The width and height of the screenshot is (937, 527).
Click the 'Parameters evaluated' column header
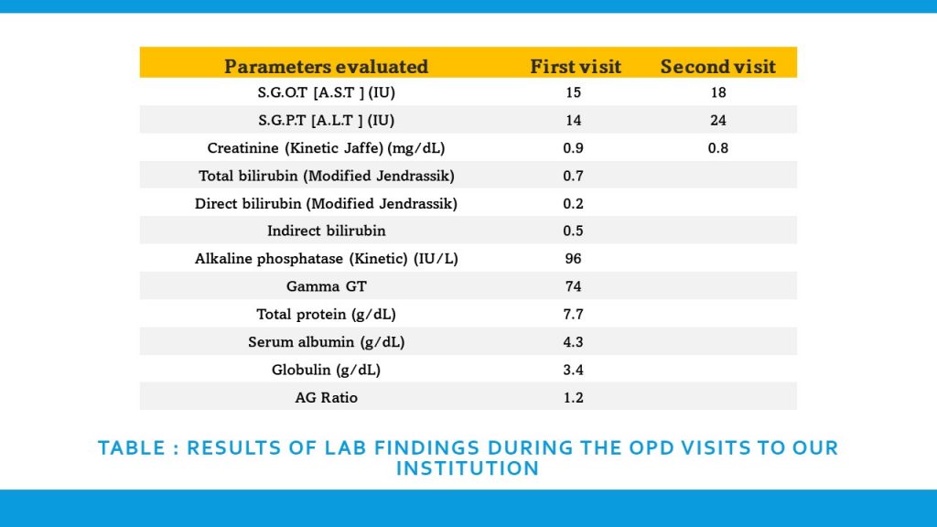click(326, 67)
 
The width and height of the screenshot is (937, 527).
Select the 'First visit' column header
click(576, 67)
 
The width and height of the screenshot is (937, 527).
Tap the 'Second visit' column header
click(717, 67)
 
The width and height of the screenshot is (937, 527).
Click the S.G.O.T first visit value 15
click(574, 92)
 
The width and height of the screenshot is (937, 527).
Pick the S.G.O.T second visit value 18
click(717, 92)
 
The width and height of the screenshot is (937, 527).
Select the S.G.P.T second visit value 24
click(717, 120)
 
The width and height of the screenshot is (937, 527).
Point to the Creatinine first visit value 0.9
click(574, 148)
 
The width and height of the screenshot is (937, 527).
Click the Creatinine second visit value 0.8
click(717, 148)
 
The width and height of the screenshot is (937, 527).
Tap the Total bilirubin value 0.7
click(574, 176)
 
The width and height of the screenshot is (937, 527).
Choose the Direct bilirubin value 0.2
click(574, 203)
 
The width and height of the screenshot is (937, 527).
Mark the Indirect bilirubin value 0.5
click(574, 231)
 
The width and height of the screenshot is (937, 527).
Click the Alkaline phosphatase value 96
click(574, 259)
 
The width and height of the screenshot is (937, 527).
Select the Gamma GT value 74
click(574, 286)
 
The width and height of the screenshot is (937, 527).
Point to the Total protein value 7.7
click(574, 315)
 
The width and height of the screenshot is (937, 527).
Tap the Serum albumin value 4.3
click(574, 342)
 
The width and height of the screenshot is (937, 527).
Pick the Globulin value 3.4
click(574, 371)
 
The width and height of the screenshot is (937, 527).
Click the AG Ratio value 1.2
click(574, 398)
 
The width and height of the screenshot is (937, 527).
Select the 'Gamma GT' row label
click(326, 286)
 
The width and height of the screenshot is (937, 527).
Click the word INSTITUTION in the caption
click(468, 469)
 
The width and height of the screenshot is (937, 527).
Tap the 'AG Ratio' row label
click(326, 398)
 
